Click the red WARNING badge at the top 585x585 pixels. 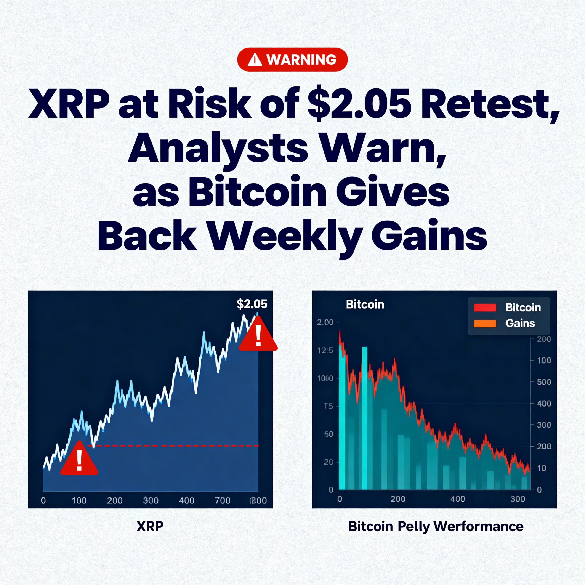click(292, 59)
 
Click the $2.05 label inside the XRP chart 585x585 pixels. click(252, 304)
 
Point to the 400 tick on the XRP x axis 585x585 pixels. click(186, 500)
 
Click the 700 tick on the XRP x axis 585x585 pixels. click(223, 500)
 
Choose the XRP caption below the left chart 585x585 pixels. click(150, 526)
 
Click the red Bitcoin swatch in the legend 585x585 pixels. click(485, 308)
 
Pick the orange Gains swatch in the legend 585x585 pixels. click(485, 323)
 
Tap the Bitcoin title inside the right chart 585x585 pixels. click(365, 305)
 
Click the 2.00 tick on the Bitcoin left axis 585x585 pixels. click(325, 322)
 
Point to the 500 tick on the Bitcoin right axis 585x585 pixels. click(544, 382)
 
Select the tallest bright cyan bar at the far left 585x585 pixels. click(342, 418)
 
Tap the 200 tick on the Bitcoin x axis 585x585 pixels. click(398, 499)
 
